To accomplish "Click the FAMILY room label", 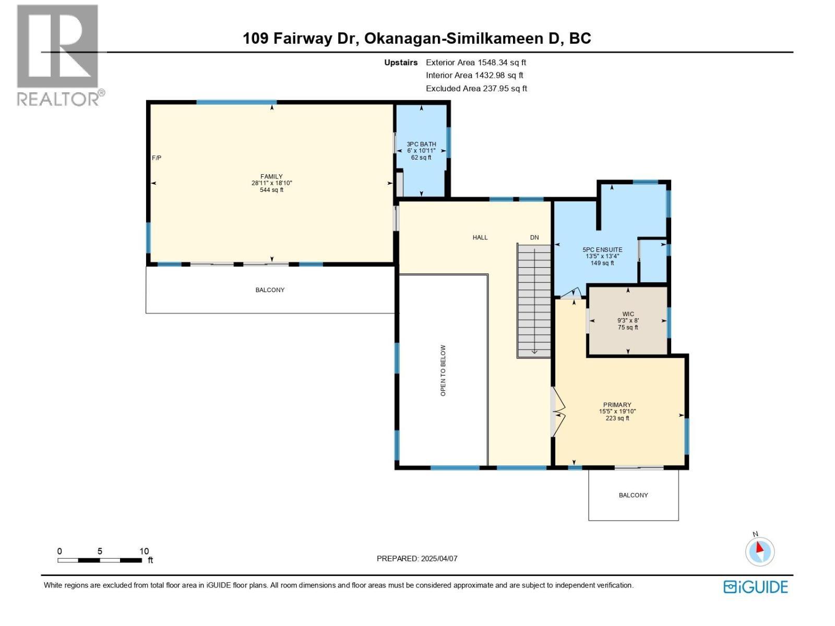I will click(x=271, y=177).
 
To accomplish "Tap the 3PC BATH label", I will click(x=421, y=145).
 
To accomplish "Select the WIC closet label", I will click(x=628, y=315).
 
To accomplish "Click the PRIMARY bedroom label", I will click(x=617, y=405).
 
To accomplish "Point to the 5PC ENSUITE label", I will click(x=602, y=250).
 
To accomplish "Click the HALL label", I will click(x=480, y=237).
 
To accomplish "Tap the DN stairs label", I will click(x=534, y=237).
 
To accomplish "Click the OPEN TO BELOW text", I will click(x=443, y=370).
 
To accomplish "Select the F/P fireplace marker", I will click(x=157, y=158).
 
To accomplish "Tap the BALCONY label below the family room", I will click(x=270, y=290).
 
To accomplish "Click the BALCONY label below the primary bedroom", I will click(x=633, y=495).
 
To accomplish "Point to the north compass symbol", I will click(x=760, y=551).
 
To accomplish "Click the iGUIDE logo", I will click(x=755, y=587).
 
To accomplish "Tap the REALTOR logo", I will click(x=58, y=55).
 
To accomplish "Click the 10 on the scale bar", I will click(x=144, y=551).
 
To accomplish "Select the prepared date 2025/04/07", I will click(x=438, y=558).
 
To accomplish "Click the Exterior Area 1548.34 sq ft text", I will click(x=475, y=63).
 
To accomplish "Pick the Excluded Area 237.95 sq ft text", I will click(x=476, y=89).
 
